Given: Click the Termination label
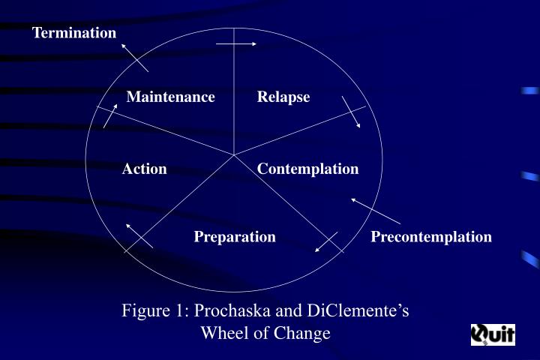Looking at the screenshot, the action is point(74,33).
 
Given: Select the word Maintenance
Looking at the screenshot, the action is point(170,97).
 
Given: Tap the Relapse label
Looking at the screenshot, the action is point(283,97).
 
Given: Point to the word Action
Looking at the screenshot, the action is point(144,169).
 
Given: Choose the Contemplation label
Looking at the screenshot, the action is point(308,169).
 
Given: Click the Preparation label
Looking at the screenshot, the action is point(235,237).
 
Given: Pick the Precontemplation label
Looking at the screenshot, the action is point(431,237).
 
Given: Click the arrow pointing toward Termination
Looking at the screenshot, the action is point(135,58).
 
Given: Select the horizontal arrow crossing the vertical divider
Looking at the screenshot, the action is point(236,43).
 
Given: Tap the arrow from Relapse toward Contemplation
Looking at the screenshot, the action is point(351,112).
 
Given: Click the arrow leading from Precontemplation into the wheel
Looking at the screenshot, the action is point(376,211).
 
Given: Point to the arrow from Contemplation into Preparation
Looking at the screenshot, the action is point(326,241).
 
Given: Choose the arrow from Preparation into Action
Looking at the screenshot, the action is point(139,236).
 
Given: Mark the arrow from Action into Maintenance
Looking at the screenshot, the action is point(110,116).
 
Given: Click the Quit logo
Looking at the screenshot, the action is point(493,334).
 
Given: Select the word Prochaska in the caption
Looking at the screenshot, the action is point(232,310).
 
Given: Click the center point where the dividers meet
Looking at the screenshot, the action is point(234,155).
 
